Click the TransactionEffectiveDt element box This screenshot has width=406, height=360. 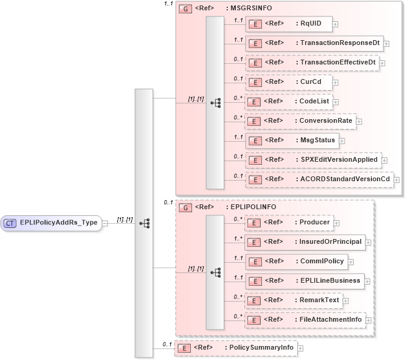(x=311, y=63)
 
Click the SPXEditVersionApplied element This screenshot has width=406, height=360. (x=312, y=160)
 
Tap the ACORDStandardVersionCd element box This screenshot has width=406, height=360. (x=318, y=179)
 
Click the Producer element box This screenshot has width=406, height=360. (x=288, y=223)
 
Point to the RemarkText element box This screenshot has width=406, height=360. (x=293, y=300)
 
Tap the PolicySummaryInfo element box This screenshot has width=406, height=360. (x=235, y=348)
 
